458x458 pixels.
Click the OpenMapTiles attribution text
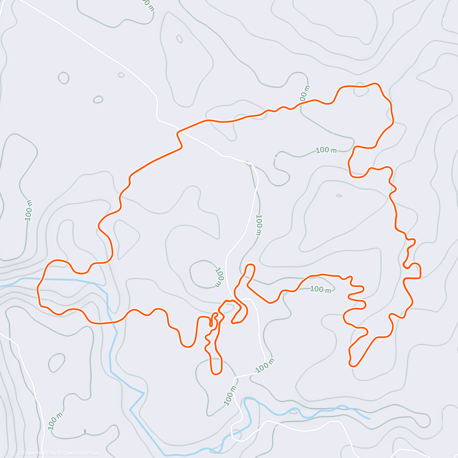[x=40, y=453]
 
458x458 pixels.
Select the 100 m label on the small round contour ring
[x=219, y=277]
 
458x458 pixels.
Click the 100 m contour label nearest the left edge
[x=29, y=210]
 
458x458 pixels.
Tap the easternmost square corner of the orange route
[x=420, y=277]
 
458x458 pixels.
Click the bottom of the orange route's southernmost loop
[x=216, y=374]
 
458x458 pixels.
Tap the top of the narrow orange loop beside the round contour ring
[x=250, y=264]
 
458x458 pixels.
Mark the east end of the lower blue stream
[x=369, y=419]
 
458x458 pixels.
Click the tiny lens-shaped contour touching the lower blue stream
[x=293, y=411]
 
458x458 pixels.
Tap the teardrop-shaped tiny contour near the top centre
[x=179, y=39]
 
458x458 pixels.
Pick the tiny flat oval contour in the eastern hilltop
[x=339, y=196]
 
